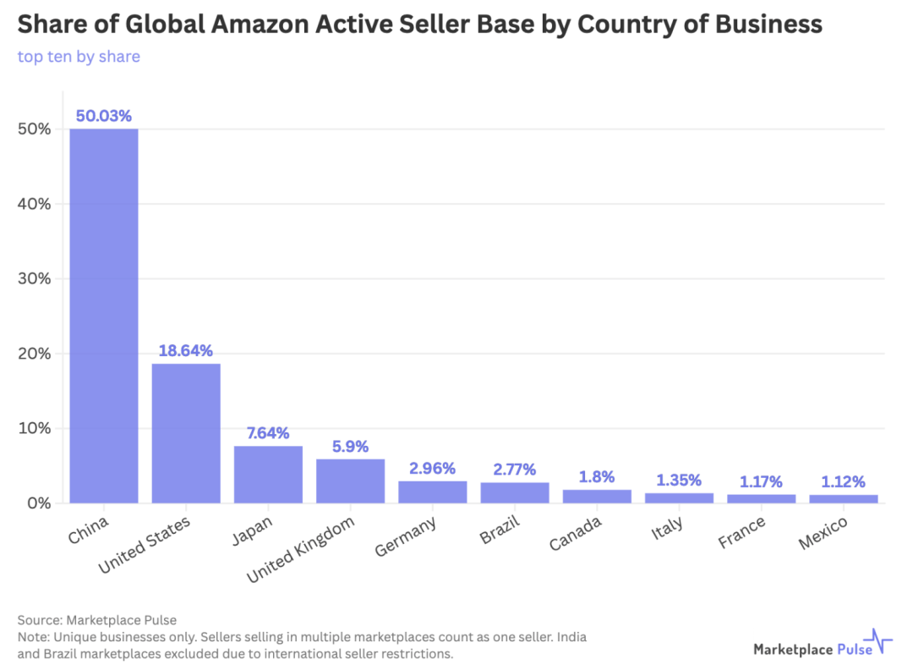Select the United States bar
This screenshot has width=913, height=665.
[186, 433]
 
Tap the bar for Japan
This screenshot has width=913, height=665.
[268, 475]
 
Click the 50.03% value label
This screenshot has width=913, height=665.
[103, 116]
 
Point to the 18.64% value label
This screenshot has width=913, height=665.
[186, 350]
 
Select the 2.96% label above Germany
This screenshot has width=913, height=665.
[432, 468]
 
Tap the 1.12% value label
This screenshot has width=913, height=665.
[843, 481]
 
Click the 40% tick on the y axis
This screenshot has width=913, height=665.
[35, 204]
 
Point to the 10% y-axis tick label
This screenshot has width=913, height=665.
[35, 428]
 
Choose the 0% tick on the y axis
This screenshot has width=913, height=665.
[39, 503]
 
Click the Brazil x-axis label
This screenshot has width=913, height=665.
[499, 532]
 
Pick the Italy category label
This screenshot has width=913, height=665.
[667, 529]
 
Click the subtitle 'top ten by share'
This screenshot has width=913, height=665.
[79, 57]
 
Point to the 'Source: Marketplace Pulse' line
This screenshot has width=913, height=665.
[96, 620]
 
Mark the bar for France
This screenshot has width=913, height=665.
[761, 498]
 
